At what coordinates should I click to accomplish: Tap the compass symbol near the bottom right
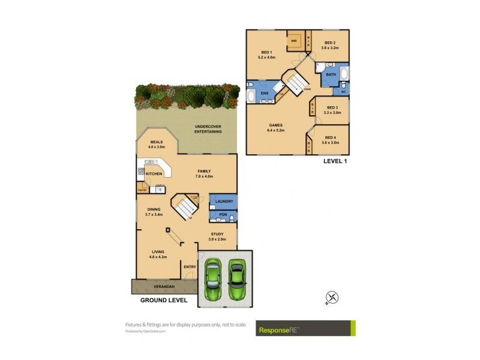332,296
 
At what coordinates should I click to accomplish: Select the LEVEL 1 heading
335,161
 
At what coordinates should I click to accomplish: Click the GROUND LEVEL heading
164,299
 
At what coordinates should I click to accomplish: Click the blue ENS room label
264,94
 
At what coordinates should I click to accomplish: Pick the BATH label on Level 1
331,75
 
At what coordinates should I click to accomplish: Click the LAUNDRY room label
223,201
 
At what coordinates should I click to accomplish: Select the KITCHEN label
154,174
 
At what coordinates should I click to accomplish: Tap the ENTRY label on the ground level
190,266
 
